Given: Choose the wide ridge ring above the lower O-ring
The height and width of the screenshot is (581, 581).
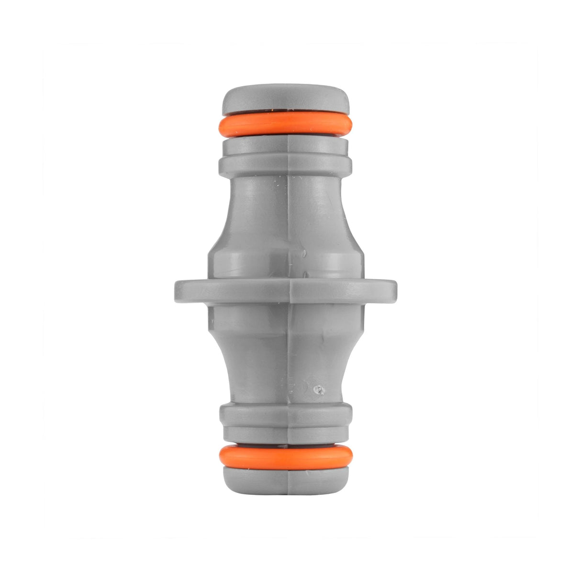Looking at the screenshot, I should pyautogui.click(x=286, y=412).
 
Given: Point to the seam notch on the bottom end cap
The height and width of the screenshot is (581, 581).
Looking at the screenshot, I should pyautogui.click(x=289, y=483).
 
